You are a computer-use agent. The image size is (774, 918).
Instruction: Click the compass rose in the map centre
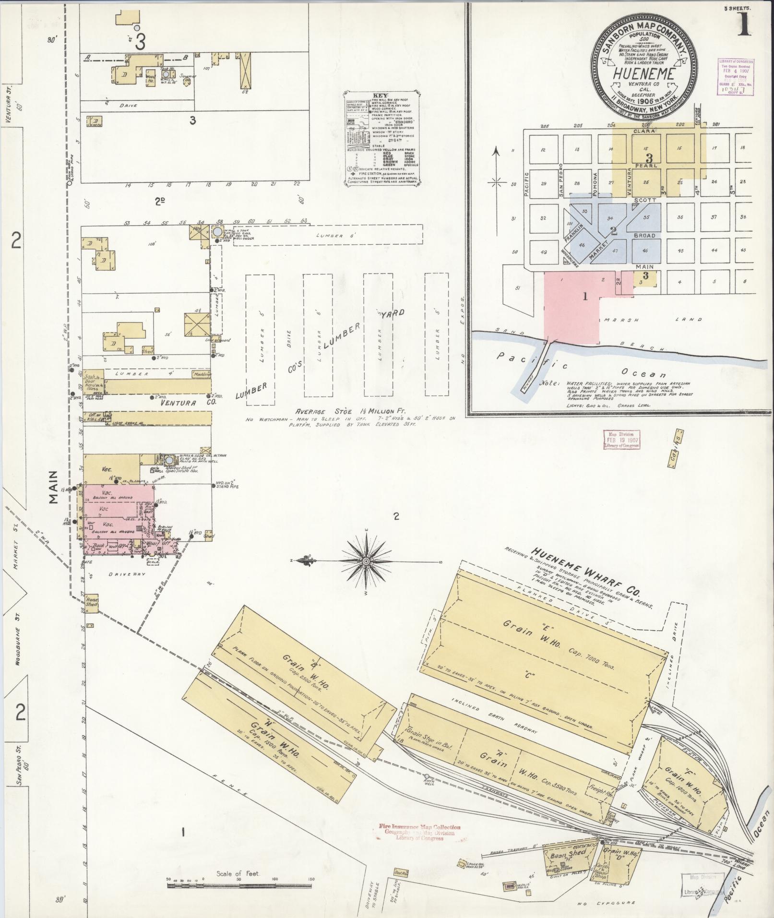coord(366,561)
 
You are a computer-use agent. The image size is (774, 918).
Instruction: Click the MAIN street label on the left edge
coord(54,487)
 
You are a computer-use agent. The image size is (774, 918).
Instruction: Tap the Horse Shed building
coord(92,602)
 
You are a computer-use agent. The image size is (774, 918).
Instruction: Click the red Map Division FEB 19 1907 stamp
coord(622,439)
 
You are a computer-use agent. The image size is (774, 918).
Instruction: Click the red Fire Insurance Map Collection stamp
coord(419,833)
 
